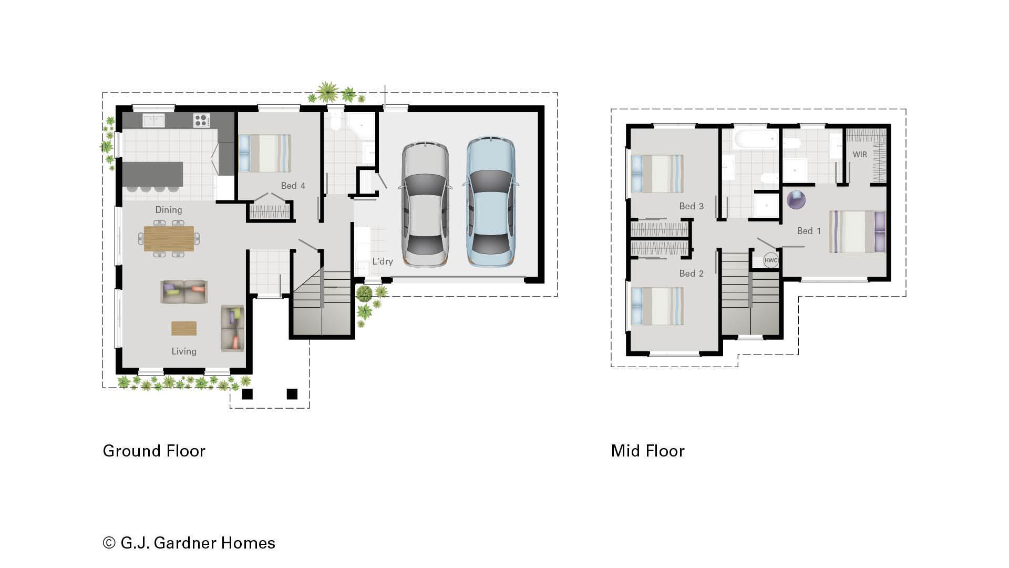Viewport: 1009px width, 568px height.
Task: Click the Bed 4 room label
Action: (293, 186)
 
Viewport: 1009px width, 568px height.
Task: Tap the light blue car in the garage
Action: (490, 202)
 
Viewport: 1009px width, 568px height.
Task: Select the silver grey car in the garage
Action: (425, 204)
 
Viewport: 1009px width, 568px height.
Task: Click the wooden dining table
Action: (169, 238)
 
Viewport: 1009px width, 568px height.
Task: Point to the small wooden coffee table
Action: (184, 328)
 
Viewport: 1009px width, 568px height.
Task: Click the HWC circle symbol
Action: (770, 260)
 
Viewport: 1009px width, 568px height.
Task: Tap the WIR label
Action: (860, 155)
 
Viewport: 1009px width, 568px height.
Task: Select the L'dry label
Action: (382, 261)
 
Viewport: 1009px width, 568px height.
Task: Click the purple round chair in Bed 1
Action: (796, 200)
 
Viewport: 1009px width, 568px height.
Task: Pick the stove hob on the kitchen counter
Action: (201, 120)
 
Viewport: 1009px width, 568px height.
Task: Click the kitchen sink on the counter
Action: (153, 120)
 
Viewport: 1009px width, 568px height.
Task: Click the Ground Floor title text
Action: (154, 451)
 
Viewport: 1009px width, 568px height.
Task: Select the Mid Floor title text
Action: (647, 451)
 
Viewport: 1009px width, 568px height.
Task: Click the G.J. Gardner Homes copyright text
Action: (189, 543)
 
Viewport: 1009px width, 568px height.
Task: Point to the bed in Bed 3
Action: (657, 174)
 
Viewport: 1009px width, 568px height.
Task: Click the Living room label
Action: (184, 351)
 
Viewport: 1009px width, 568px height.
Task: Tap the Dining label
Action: (169, 210)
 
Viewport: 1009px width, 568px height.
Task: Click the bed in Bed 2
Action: (657, 306)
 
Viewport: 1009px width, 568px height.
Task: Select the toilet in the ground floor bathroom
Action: (335, 122)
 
